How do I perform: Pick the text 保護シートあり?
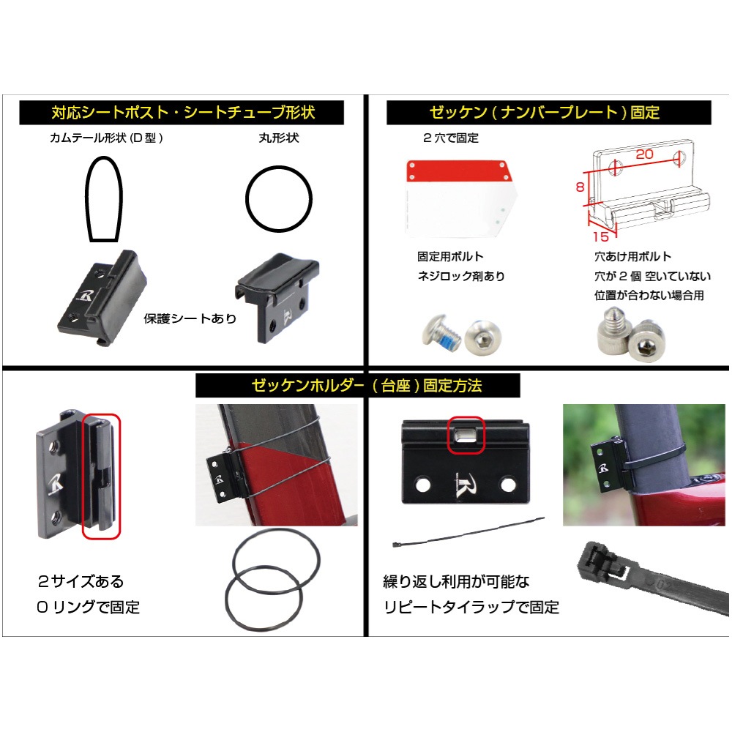pyautogui.click(x=190, y=319)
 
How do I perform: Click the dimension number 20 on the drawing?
pyautogui.click(x=644, y=154)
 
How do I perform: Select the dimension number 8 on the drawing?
pyautogui.click(x=580, y=187)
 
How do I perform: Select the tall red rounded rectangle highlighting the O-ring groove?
pyautogui.click(x=101, y=477)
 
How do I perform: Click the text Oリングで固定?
pyautogui.click(x=88, y=607)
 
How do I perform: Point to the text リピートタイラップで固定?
pyautogui.click(x=471, y=607)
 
